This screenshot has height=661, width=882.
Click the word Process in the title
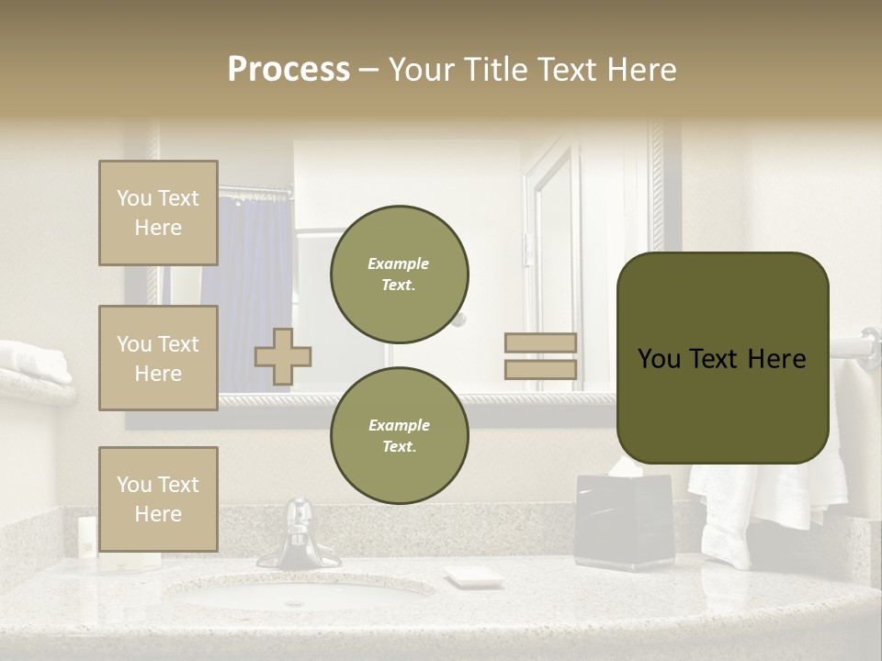click(x=288, y=70)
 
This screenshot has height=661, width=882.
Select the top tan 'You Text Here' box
click(x=158, y=213)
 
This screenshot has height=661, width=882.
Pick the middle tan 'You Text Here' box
click(x=158, y=358)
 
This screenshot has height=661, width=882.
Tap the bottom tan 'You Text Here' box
click(x=158, y=499)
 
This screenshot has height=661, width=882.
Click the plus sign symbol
click(x=283, y=356)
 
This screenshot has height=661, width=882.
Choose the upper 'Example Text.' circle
click(x=399, y=274)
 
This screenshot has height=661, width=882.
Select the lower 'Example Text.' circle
click(x=399, y=435)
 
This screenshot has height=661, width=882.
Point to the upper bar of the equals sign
click(x=541, y=342)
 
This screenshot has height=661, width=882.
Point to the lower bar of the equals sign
click(x=541, y=369)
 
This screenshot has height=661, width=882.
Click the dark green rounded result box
click(x=722, y=358)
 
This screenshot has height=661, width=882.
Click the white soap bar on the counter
click(x=473, y=577)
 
